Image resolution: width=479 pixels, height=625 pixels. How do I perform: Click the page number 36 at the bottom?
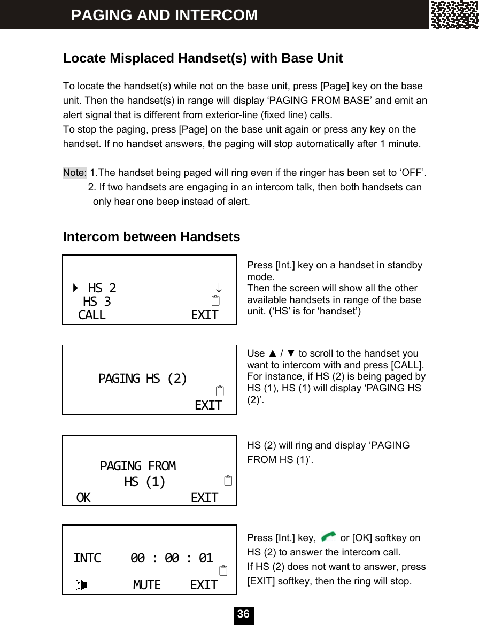pos(243,615)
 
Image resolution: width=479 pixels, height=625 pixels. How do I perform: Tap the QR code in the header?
pos(454,15)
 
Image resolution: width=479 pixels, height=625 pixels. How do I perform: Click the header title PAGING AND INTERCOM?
pos(164,15)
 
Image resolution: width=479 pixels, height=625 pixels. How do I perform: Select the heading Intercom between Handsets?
pos(151,237)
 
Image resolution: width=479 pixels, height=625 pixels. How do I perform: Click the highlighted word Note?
pos(75,173)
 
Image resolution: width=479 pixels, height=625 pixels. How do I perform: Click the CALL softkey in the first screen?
pos(92,315)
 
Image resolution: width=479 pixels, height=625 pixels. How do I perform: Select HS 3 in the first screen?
pos(97,302)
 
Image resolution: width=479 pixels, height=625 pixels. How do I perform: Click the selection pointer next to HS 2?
pos(75,289)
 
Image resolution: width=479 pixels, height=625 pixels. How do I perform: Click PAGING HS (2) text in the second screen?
pos(143,379)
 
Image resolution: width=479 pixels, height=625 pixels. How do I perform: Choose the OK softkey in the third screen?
pos(83,498)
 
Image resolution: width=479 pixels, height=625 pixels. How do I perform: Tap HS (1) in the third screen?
pos(145,482)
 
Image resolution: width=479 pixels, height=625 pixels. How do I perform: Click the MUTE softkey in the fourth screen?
pos(146,585)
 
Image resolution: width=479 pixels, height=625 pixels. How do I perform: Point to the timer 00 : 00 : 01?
pos(172,559)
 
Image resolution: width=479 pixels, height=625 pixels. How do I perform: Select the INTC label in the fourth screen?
pos(87,559)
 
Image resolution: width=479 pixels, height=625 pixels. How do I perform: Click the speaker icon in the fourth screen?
pos(81,585)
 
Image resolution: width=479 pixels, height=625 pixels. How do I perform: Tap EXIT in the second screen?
pos(208,406)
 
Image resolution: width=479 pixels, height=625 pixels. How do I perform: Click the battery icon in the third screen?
pos(228,481)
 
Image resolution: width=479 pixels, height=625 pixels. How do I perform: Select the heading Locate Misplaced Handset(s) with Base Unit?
pos(203,58)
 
